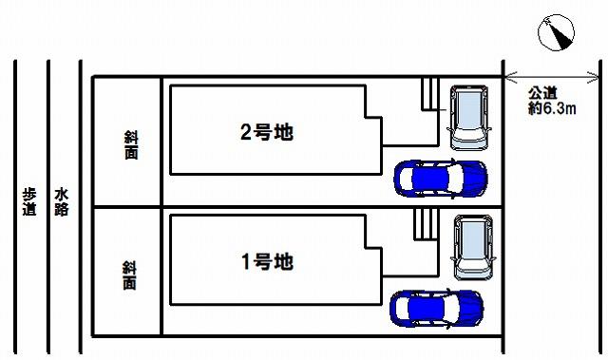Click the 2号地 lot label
tap(266, 133)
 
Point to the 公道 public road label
tap(543, 93)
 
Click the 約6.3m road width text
tap(552, 109)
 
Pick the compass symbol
tap(555, 34)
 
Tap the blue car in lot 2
tap(440, 178)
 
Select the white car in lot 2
tap(468, 118)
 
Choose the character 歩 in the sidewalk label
tap(30, 193)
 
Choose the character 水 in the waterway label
tap(62, 193)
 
